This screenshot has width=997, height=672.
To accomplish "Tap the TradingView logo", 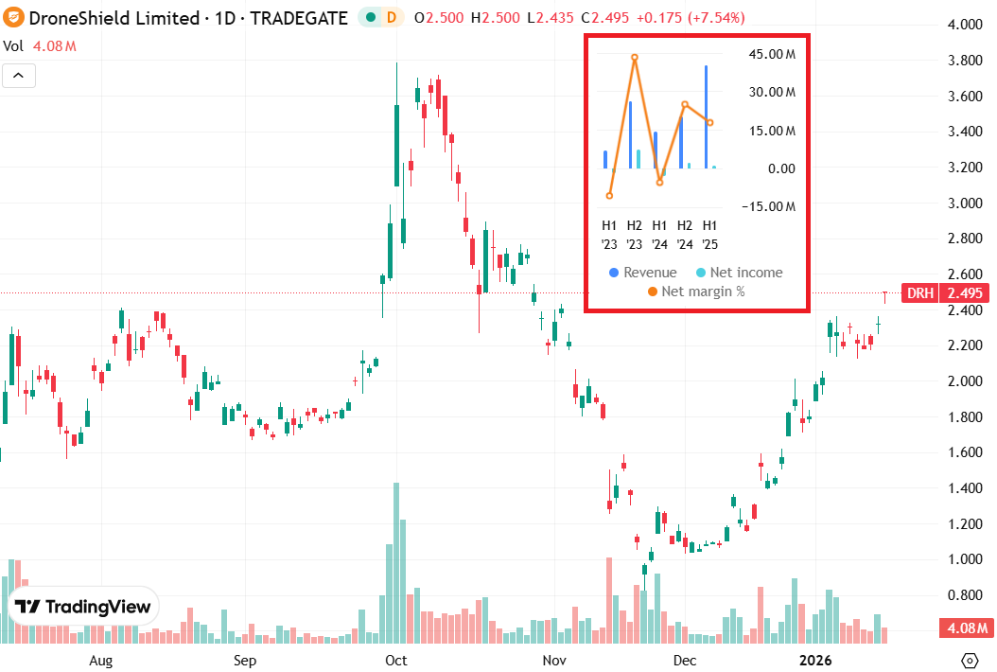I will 84,607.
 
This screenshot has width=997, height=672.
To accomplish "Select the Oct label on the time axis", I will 396,660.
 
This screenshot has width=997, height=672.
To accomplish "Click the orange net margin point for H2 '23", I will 635,58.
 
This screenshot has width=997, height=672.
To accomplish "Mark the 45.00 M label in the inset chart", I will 772,54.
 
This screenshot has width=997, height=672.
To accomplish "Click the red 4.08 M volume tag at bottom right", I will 965,628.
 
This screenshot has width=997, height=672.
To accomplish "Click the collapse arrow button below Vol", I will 20,76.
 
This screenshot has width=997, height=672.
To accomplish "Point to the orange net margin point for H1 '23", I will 609,196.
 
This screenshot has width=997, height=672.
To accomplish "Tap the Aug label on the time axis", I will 100,660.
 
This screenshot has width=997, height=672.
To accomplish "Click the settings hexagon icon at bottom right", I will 969,660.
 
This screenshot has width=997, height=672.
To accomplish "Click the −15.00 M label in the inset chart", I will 770,206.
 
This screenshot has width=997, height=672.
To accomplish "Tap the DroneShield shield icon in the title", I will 11,18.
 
